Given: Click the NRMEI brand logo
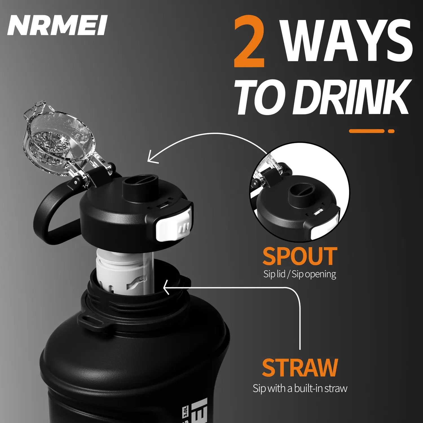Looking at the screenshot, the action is [58, 25].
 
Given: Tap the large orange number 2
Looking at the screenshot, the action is [249, 41].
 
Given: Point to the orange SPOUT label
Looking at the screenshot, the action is [300, 256].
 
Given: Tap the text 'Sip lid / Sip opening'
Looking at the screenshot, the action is [300, 274].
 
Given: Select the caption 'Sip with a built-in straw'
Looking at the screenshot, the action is [300, 388].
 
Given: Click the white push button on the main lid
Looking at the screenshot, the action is [173, 226].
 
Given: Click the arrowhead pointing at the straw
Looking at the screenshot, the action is [166, 287].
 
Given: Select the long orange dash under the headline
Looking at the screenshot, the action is [367, 131].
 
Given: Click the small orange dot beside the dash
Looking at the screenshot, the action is [391, 131].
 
